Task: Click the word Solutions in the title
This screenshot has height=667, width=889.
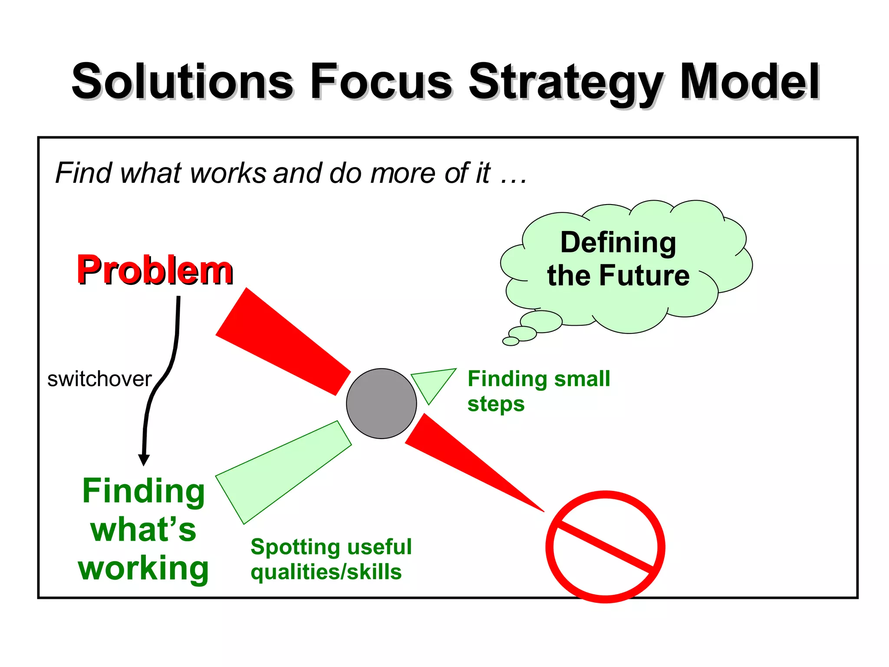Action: click(x=182, y=82)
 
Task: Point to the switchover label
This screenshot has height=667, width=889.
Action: click(x=99, y=379)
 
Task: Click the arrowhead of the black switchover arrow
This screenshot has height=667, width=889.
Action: click(x=144, y=460)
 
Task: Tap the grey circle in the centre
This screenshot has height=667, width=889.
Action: click(x=381, y=403)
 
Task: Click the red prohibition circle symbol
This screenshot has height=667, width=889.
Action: click(x=605, y=546)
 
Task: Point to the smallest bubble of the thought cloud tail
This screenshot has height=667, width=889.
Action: click(x=510, y=341)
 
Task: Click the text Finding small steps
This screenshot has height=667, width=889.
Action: click(x=538, y=391)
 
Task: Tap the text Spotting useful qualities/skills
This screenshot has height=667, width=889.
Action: click(x=331, y=559)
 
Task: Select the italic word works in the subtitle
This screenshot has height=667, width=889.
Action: click(x=228, y=173)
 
